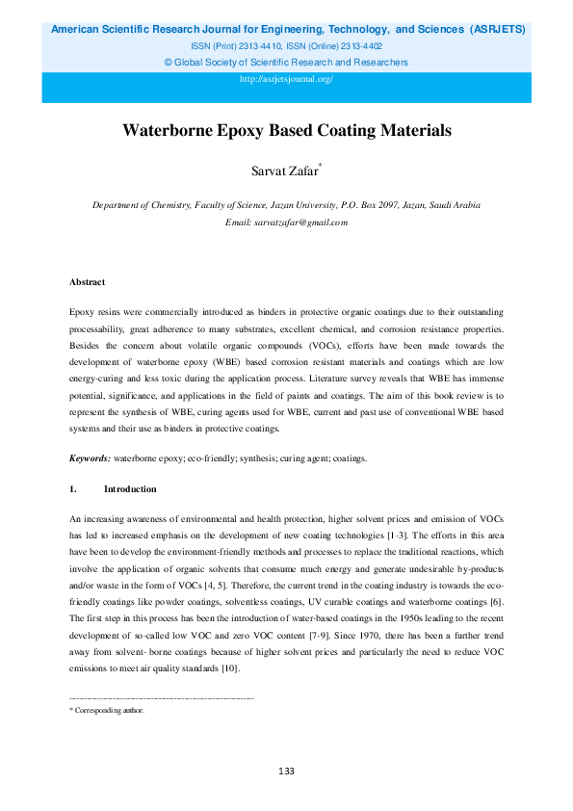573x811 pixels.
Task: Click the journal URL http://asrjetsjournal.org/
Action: (286, 79)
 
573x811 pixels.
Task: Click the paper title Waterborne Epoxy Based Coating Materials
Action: (286, 131)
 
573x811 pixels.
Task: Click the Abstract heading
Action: (87, 282)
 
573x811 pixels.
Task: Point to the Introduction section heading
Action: (130, 489)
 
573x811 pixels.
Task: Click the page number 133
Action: (286, 771)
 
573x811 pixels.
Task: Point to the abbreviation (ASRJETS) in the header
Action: (497, 30)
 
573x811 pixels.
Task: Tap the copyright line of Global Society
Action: (286, 63)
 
